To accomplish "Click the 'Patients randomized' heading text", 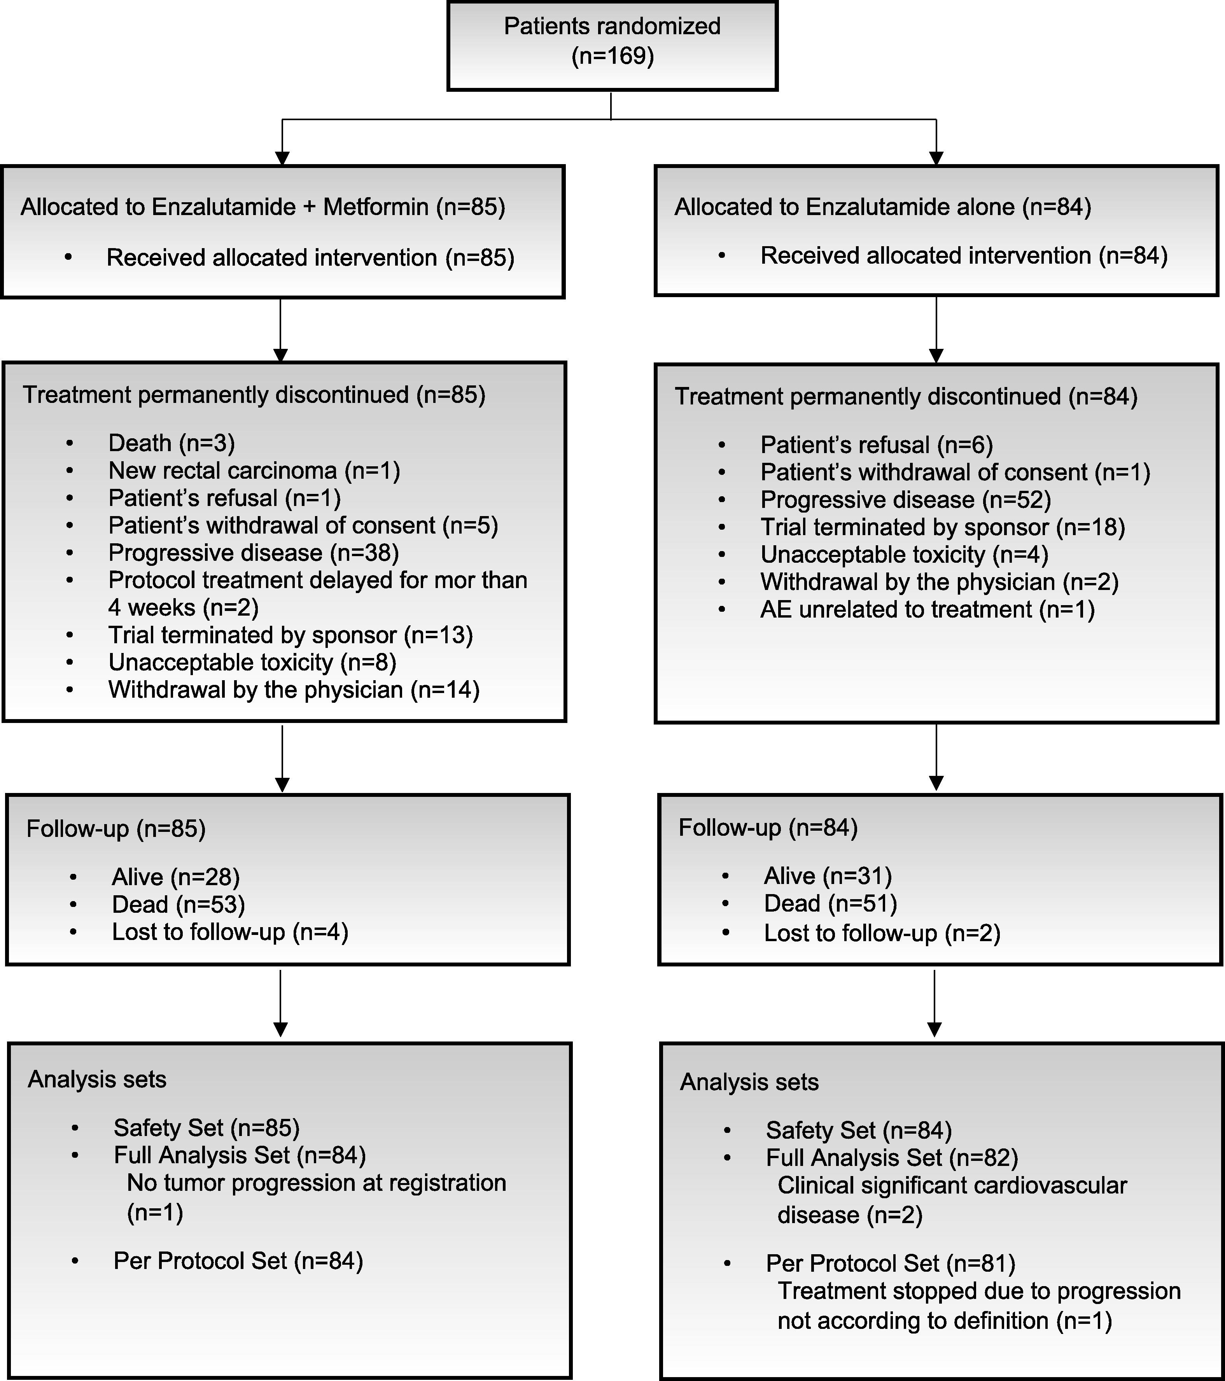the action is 612,26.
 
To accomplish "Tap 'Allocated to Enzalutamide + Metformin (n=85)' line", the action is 263,207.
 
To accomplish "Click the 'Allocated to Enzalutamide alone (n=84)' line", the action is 882,207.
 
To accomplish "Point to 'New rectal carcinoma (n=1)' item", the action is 254,470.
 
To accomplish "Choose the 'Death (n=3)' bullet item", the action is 171,443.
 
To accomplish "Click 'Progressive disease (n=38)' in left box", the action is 254,553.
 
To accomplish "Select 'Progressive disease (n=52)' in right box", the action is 905,500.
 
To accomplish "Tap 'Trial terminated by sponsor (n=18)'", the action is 943,527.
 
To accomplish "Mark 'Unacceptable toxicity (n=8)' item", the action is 252,662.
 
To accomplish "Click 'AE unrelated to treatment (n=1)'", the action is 927,609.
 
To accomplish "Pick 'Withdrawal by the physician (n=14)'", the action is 294,690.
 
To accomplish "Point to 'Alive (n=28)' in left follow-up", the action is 176,877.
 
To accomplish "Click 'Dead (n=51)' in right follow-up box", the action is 830,903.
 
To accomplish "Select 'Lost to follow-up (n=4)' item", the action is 230,932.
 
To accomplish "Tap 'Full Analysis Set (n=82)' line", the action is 891,1158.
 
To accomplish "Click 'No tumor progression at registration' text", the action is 316,1183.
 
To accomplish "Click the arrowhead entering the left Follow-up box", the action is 282,784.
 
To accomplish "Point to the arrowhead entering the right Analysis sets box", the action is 934,1029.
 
